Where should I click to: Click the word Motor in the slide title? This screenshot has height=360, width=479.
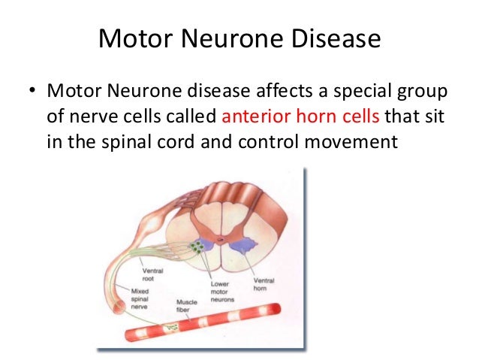pos(135,38)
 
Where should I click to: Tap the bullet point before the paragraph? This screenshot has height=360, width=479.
pos(32,92)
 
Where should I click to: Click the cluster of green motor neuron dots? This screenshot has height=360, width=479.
pos(198,247)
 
